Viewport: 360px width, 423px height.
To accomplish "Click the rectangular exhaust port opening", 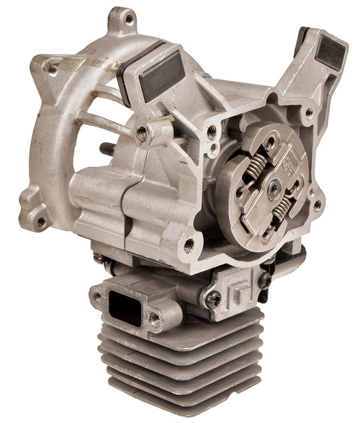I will click(124, 308).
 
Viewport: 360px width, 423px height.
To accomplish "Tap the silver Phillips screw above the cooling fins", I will click(213, 299).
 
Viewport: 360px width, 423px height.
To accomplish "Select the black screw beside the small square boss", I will click(266, 280).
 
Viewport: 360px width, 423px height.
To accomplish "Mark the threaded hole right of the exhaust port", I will click(154, 318).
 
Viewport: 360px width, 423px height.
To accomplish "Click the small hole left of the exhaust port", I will click(98, 296).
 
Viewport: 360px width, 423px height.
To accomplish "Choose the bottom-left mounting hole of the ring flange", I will click(41, 222).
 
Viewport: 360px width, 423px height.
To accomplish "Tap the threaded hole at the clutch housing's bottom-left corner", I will click(189, 245).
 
